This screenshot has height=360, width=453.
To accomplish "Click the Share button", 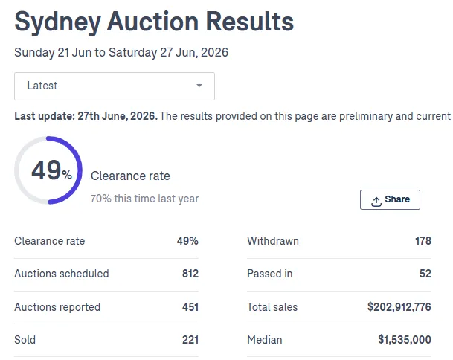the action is tap(390, 199).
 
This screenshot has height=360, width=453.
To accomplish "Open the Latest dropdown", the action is tap(115, 86).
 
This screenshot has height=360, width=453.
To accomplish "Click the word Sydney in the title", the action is tap(58, 22).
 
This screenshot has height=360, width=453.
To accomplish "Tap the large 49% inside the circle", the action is tap(51, 170).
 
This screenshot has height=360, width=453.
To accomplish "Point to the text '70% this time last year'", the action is tap(144, 199).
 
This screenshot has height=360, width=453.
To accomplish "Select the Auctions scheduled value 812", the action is tap(190, 274).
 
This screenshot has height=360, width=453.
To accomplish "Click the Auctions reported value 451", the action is tap(190, 307).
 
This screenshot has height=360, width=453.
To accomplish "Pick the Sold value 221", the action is tap(190, 340).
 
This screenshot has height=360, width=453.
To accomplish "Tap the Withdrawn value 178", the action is tap(423, 241).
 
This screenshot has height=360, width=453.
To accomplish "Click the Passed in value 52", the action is tap(425, 274).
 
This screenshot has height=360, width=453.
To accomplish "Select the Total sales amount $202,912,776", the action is tap(399, 307).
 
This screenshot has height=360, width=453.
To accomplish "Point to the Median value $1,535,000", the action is tap(405, 340).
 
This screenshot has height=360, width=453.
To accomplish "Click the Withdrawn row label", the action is tap(273, 241).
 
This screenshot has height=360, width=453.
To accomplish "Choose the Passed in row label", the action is tap(270, 274).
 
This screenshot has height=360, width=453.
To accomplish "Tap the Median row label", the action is tap(265, 340).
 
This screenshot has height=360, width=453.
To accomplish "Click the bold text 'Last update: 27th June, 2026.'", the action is tap(86, 116).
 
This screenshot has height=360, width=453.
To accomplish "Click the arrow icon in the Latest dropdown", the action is tap(199, 86).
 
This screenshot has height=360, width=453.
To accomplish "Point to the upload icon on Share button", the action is tap(376, 202).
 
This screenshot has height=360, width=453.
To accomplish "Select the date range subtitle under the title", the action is tap(121, 53).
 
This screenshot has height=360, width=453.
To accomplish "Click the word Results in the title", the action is tap(250, 21).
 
